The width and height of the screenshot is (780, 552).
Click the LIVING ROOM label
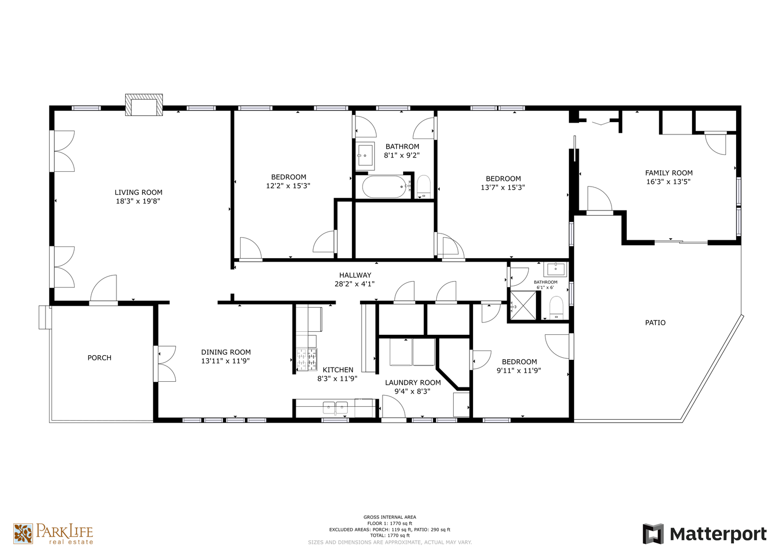138,192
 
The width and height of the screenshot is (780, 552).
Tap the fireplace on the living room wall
144,105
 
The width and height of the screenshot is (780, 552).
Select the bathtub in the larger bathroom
385,187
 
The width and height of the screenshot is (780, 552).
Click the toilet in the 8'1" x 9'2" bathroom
423,187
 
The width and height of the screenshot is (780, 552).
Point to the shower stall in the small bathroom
524,305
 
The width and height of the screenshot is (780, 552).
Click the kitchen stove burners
307,359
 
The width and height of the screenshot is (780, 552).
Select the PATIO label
655,323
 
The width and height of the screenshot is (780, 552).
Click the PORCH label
100,358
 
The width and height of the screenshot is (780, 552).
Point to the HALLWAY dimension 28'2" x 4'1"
354,284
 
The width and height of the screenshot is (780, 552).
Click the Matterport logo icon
653,534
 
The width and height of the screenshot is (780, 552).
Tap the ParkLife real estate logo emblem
23,534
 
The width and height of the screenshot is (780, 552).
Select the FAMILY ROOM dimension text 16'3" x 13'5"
668,181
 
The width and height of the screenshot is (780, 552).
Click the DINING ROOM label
226,352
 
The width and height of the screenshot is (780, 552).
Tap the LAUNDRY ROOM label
413,383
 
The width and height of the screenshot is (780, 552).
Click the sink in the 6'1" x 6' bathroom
555,269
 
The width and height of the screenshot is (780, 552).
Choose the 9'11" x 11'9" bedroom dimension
519,371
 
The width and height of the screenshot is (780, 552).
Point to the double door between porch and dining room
164,363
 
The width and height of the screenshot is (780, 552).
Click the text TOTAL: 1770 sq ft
390,536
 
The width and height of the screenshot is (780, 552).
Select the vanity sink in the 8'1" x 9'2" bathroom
365,156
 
